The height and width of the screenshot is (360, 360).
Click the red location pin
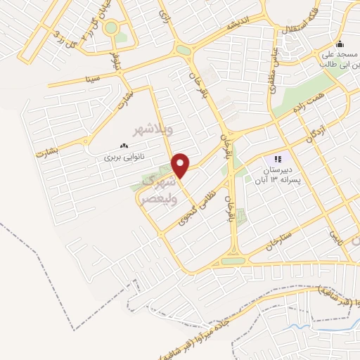(181, 165)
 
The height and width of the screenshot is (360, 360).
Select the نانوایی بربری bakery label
(124, 157)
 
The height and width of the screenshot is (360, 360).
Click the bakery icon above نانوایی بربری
(124, 146)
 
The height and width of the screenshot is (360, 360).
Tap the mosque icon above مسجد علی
(340, 42)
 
